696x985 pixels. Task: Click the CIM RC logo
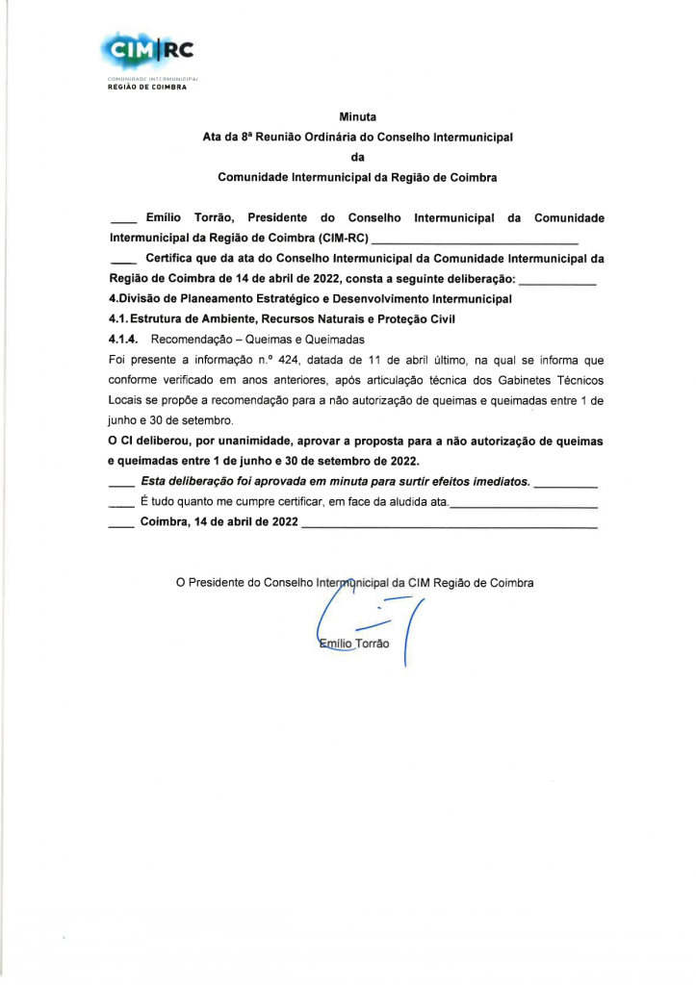tap(145, 49)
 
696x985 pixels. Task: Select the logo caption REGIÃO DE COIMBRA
tap(146, 87)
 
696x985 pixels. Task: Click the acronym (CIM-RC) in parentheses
tap(343, 237)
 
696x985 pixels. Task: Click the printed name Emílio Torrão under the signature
tap(354, 643)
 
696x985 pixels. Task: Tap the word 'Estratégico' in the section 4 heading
tap(278, 299)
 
